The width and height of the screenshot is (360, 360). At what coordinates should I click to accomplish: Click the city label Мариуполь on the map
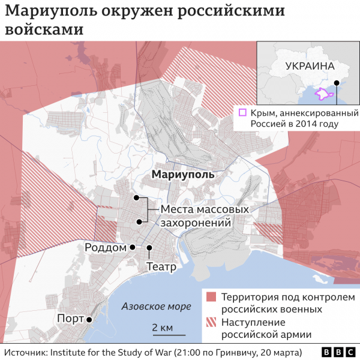click(x=182, y=175)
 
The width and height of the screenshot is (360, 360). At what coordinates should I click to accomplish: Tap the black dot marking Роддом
click(x=133, y=247)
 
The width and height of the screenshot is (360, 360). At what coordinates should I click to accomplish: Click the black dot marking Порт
click(x=89, y=320)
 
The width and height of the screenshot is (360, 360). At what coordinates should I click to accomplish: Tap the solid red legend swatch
click(x=211, y=298)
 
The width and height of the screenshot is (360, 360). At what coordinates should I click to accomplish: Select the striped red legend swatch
click(x=211, y=322)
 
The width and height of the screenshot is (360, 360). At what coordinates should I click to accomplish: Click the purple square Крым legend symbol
click(x=242, y=112)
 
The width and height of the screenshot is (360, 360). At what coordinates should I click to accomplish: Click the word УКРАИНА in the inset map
click(x=309, y=66)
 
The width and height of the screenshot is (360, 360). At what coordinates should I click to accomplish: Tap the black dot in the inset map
click(x=337, y=83)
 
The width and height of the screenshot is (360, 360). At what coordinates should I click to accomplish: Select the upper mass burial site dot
click(x=137, y=197)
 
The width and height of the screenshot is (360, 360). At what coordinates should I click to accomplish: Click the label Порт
click(x=70, y=319)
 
